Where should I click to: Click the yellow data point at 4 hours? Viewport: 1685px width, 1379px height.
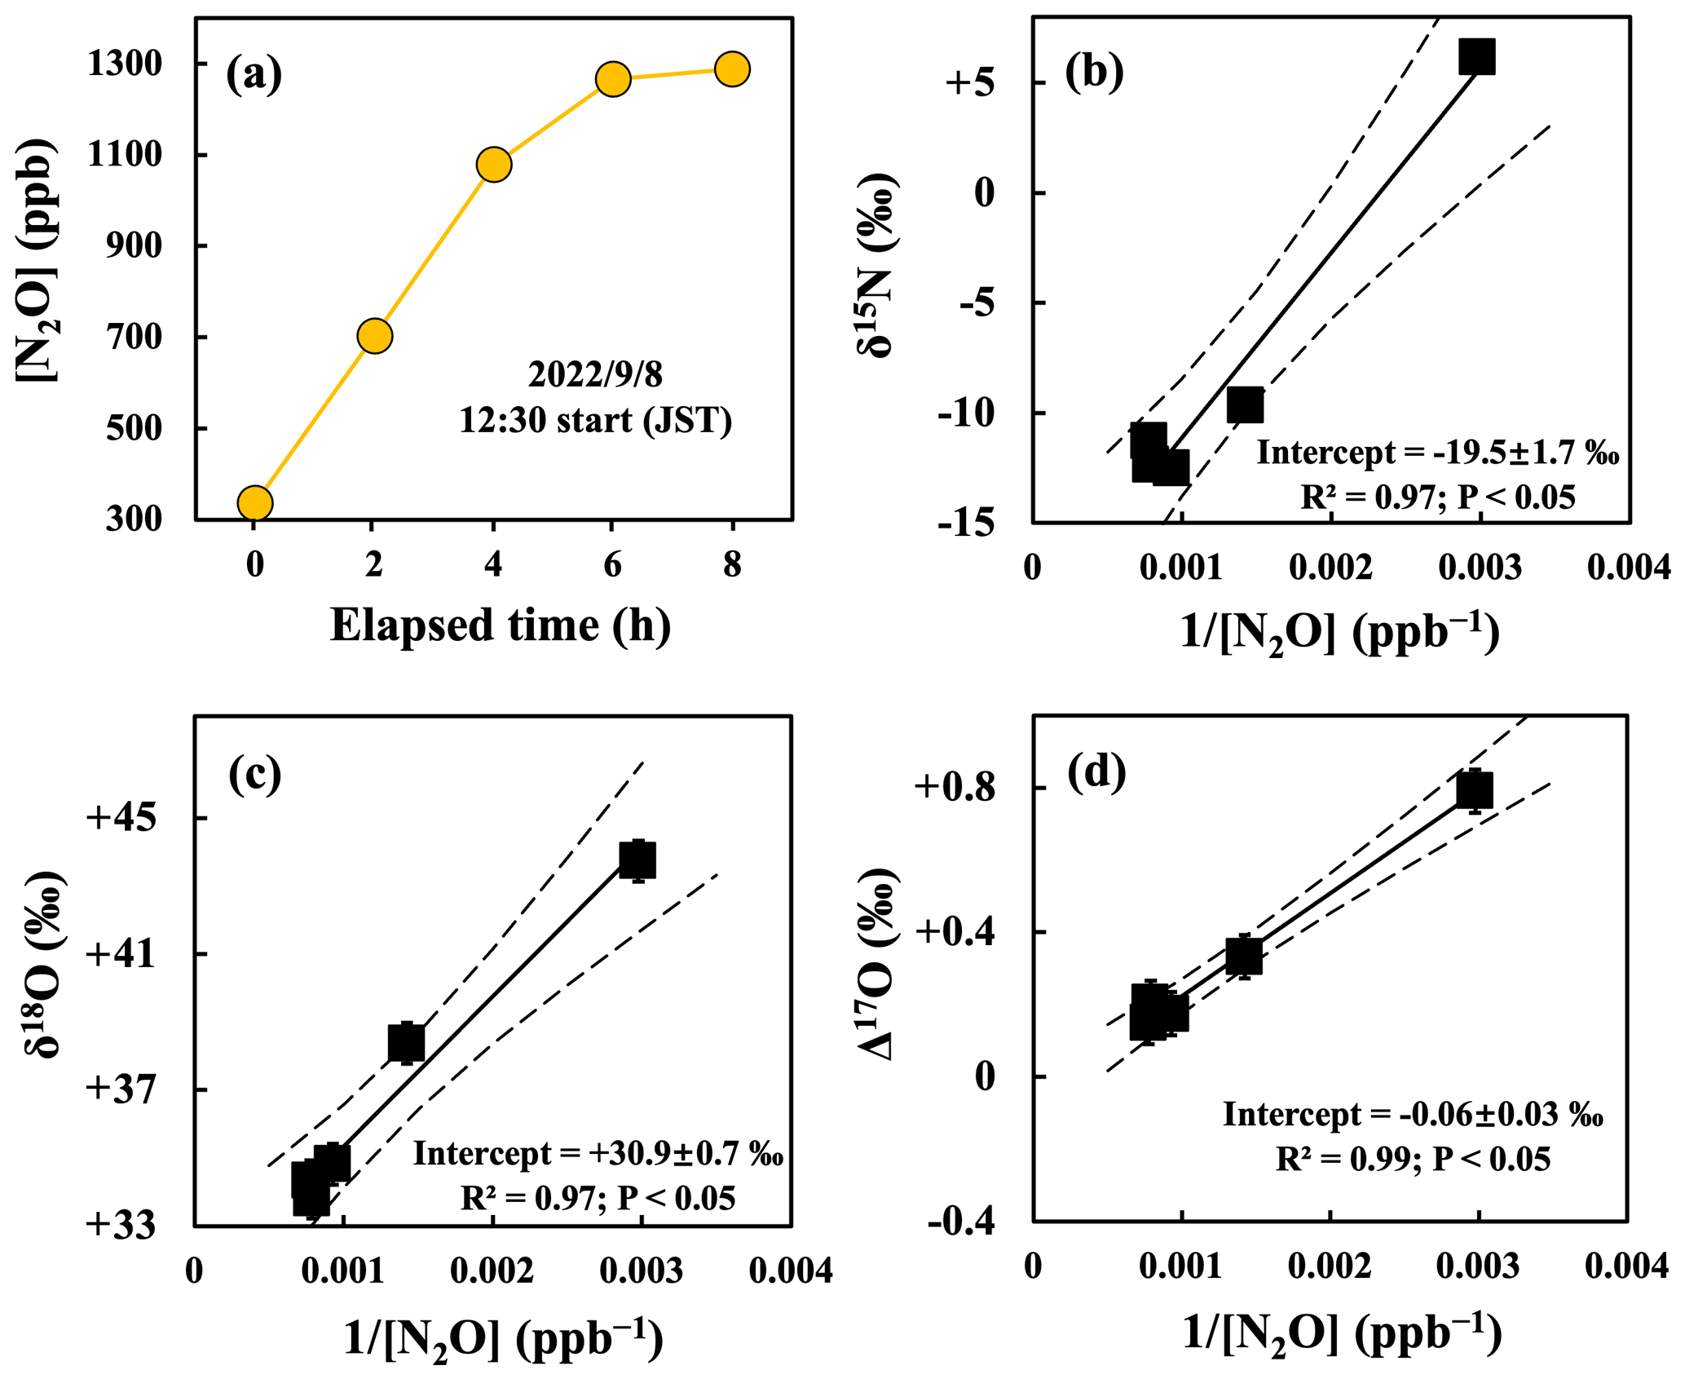pyautogui.click(x=493, y=165)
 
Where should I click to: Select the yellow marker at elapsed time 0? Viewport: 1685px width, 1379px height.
pyautogui.click(x=255, y=503)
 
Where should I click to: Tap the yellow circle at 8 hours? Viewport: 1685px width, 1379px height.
pyautogui.click(x=732, y=69)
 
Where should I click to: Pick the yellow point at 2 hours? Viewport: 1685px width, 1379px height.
pyautogui.click(x=374, y=336)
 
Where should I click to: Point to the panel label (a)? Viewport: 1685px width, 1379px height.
pyautogui.click(x=254, y=75)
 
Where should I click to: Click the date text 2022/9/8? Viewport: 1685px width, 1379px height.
pyautogui.click(x=595, y=374)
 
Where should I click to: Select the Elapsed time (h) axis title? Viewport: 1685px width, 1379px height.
pyautogui.click(x=500, y=626)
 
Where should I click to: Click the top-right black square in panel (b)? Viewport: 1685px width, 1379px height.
pyautogui.click(x=1476, y=56)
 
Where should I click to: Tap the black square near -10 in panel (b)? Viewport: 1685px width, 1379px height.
pyautogui.click(x=1245, y=405)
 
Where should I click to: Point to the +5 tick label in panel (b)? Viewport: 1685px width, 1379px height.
pyautogui.click(x=969, y=83)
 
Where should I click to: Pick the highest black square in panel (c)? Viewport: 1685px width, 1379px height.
pyautogui.click(x=637, y=860)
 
